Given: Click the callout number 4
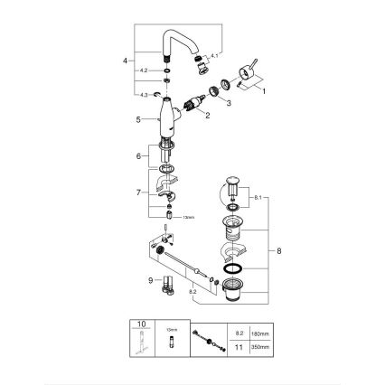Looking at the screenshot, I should (126, 61).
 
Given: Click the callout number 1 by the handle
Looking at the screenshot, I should (264, 92).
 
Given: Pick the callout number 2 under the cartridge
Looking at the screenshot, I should (208, 116).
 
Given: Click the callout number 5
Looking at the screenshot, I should (136, 118).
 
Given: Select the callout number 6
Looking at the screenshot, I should (137, 156).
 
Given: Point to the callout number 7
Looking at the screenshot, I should (138, 192).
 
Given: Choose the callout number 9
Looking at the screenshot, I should (136, 281).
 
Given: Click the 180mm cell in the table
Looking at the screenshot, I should (256, 332).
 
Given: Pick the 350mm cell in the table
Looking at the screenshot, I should (256, 346).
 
